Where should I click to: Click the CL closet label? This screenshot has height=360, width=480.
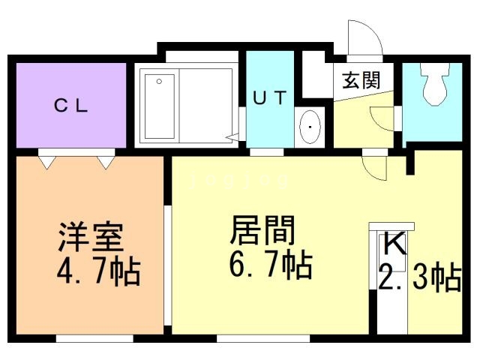[x=71, y=106]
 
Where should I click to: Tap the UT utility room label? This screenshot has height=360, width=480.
[x=270, y=97]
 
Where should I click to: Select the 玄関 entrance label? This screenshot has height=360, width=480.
[x=361, y=80]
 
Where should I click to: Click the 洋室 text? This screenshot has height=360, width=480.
[x=91, y=237]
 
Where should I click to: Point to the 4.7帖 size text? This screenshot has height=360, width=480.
[x=98, y=271]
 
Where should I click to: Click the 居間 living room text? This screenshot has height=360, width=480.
[x=262, y=230]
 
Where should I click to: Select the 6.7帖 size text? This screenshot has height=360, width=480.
[x=271, y=264]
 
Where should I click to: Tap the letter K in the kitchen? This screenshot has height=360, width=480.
[x=395, y=243]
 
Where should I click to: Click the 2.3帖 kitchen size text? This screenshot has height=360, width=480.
[x=420, y=278]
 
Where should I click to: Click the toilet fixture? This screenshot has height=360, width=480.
[x=435, y=83]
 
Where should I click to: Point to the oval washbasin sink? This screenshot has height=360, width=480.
[x=310, y=127]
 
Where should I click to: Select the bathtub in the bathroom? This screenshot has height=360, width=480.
[x=160, y=106]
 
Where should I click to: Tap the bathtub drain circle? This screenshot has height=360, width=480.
[x=159, y=82]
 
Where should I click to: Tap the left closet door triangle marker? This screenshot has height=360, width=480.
[x=48, y=162]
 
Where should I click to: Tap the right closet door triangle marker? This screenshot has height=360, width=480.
[x=106, y=162]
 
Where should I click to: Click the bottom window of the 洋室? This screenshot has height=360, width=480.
[x=94, y=338]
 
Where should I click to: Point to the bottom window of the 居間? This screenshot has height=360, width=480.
[x=263, y=338]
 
